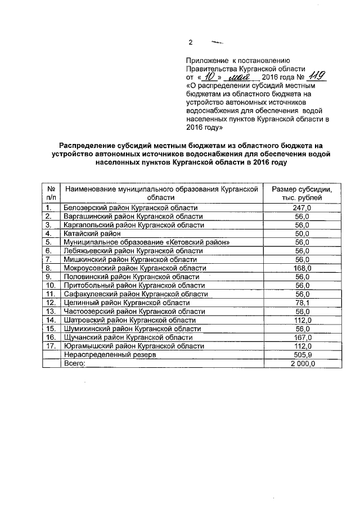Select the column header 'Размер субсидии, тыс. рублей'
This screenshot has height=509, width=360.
(302, 194)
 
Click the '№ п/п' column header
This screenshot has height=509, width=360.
(51, 194)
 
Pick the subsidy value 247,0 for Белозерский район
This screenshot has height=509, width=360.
(302, 208)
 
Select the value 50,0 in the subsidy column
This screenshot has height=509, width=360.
(302, 233)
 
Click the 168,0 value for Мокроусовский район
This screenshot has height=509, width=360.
(302, 268)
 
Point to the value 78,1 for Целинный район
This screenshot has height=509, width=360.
(302, 303)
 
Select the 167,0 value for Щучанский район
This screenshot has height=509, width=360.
(302, 337)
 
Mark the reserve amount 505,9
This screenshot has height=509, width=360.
(302, 355)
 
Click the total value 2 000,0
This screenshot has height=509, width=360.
(302, 363)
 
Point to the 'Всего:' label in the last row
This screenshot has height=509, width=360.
(77, 363)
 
